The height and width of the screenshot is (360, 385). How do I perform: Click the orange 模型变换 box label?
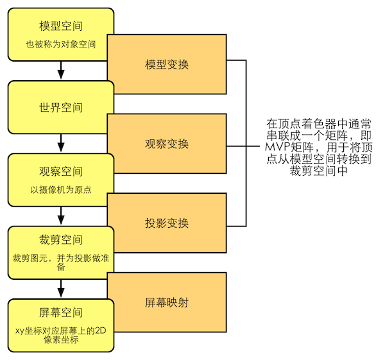point(167,65)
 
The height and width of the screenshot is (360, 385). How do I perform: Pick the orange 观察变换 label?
point(167,144)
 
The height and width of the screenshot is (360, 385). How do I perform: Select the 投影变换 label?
point(167,223)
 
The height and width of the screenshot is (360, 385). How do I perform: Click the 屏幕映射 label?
point(167,302)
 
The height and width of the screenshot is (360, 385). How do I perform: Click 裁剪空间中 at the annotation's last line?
point(318,171)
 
